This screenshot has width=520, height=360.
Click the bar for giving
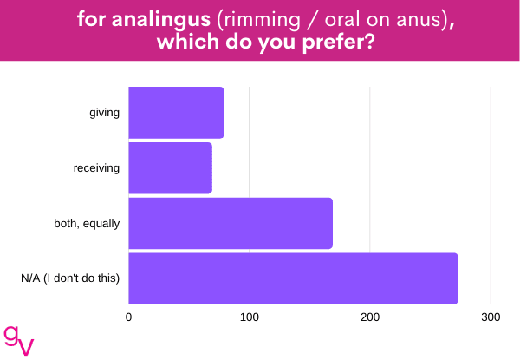click(177, 113)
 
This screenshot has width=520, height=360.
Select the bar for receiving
click(171, 168)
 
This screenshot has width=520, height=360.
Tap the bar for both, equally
click(231, 223)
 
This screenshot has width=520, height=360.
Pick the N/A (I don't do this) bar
click(294, 278)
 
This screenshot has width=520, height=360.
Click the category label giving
click(105, 113)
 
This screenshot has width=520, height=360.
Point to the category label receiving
click(96, 168)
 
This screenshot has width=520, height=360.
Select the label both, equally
click(87, 224)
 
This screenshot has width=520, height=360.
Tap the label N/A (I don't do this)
click(70, 278)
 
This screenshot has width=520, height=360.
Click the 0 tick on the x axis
click(128, 317)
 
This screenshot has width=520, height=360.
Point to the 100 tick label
click(250, 317)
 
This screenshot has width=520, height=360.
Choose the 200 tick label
click(370, 317)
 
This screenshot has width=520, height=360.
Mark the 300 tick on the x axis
click(491, 317)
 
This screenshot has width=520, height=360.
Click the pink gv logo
click(18, 340)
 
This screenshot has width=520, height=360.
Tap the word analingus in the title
click(161, 20)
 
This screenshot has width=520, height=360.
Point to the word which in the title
click(188, 42)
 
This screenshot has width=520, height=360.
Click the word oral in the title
click(343, 19)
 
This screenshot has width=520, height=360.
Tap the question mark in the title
click(370, 42)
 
